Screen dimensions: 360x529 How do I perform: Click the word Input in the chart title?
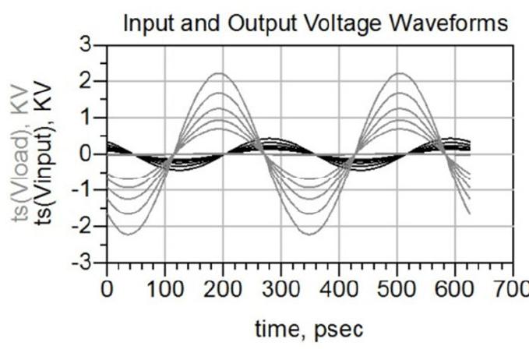point(145,24)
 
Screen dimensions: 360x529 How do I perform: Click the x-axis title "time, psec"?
point(309,330)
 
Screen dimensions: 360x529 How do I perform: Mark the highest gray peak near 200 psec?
point(220,74)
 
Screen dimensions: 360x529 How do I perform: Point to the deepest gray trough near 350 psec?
point(277,234)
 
